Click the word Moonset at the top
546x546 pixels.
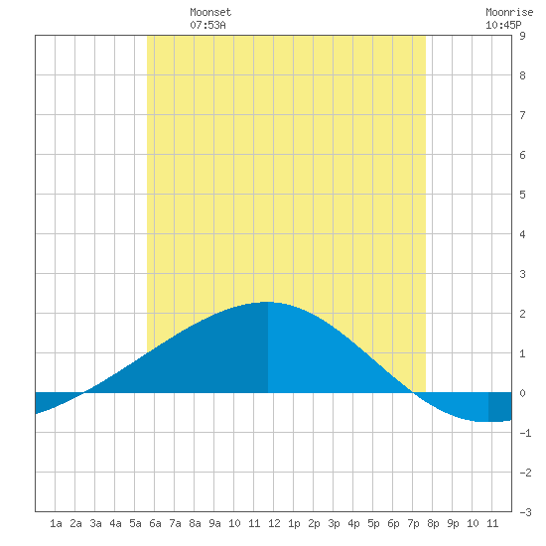click(210, 12)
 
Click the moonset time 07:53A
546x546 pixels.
click(207, 25)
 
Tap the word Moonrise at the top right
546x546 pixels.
click(509, 12)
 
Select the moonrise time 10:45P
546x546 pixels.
click(503, 25)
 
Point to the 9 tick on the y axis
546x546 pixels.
click(522, 36)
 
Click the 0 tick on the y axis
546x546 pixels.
click(522, 393)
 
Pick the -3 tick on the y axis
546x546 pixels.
click(525, 512)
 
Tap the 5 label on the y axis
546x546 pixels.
click(522, 195)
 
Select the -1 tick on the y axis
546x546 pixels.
click(525, 433)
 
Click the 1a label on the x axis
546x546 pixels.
click(56, 523)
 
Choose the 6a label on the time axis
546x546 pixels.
click(155, 523)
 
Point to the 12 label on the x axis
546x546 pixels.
click(274, 523)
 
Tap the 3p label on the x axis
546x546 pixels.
click(334, 523)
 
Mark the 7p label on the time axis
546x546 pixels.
click(413, 523)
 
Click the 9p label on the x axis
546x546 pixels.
click(453, 523)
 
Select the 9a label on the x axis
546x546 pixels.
click(214, 523)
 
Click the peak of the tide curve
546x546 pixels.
click(268, 302)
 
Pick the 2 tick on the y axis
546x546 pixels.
click(522, 314)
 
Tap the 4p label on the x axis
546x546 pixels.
click(353, 523)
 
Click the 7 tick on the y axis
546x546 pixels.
click(522, 115)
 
